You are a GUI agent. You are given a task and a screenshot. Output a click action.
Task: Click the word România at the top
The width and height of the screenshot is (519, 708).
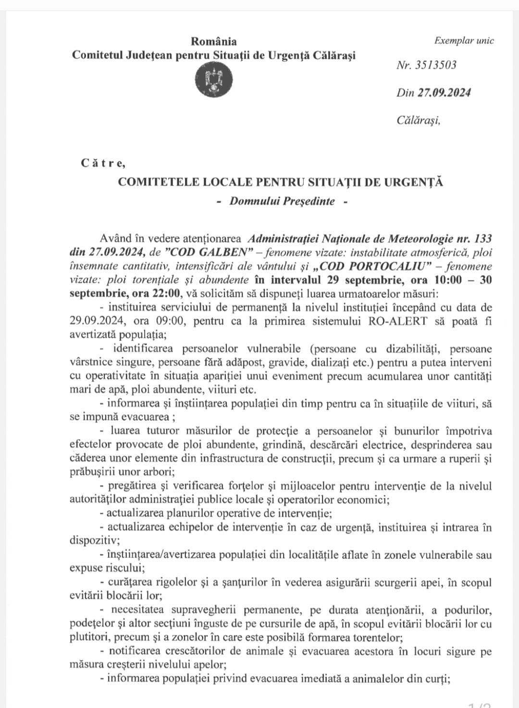(x=213, y=41)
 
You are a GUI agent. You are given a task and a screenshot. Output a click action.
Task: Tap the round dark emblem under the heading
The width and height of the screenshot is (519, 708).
(x=214, y=80)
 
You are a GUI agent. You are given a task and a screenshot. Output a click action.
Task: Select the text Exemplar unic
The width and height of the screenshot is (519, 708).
(x=464, y=41)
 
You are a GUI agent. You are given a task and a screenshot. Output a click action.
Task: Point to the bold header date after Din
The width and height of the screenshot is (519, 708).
(x=444, y=93)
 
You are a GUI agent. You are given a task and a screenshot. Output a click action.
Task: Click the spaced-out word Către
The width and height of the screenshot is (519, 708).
(x=102, y=163)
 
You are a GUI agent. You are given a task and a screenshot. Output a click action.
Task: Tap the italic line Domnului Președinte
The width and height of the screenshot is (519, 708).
(x=282, y=201)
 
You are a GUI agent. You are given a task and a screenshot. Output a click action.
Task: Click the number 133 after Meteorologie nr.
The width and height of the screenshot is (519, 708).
(x=482, y=238)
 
